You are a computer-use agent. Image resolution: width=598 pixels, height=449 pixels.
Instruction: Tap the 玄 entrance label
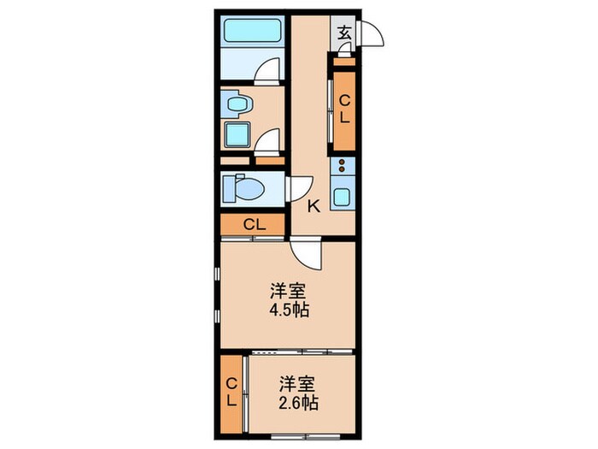pyautogui.click(x=343, y=33)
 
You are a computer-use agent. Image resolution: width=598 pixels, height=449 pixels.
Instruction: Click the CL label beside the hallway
pyautogui.click(x=345, y=110)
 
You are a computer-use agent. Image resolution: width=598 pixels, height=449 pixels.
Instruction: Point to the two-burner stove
pyautogui.click(x=343, y=166)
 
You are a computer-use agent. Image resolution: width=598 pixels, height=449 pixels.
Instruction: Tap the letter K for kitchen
pyautogui.click(x=314, y=205)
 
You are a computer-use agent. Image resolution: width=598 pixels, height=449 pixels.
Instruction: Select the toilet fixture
pyautogui.click(x=243, y=188)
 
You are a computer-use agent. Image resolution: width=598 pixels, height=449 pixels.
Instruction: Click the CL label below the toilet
pyautogui.click(x=254, y=225)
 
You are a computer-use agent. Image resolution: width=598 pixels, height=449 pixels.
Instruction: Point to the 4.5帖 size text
pyautogui.click(x=287, y=310)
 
